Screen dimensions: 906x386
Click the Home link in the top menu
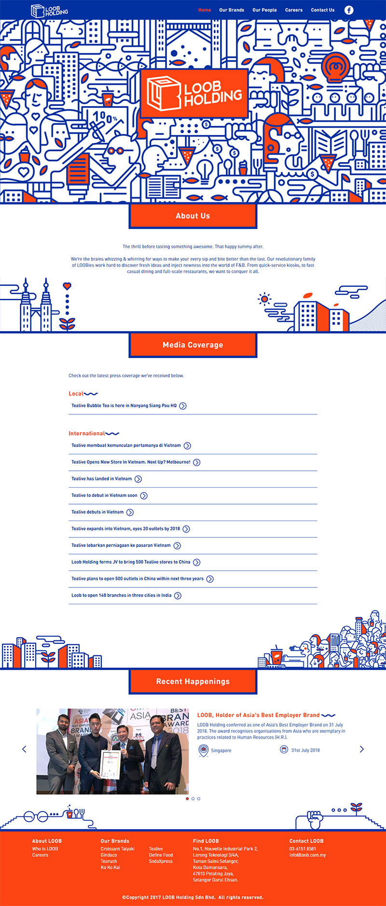(205, 10)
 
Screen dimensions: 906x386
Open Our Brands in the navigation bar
(232, 10)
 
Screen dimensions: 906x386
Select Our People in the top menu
(264, 10)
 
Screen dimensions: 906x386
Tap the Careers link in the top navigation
(294, 10)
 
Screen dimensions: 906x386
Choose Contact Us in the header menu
(323, 10)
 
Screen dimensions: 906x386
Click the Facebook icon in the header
(349, 10)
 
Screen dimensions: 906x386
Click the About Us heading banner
(193, 216)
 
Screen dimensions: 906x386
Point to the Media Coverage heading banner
(193, 345)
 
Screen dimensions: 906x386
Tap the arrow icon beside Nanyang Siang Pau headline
(183, 406)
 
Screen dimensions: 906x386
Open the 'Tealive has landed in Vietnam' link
(102, 479)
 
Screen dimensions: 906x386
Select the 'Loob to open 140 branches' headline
(122, 595)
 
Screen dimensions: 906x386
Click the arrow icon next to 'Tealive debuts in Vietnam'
(130, 512)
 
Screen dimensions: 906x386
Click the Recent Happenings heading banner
(193, 681)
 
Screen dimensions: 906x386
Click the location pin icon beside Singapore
(203, 750)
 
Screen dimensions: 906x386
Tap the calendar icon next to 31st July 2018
(284, 749)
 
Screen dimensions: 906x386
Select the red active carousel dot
(187, 799)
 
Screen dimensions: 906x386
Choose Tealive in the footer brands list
(156, 849)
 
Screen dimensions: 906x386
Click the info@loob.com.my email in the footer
(307, 855)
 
